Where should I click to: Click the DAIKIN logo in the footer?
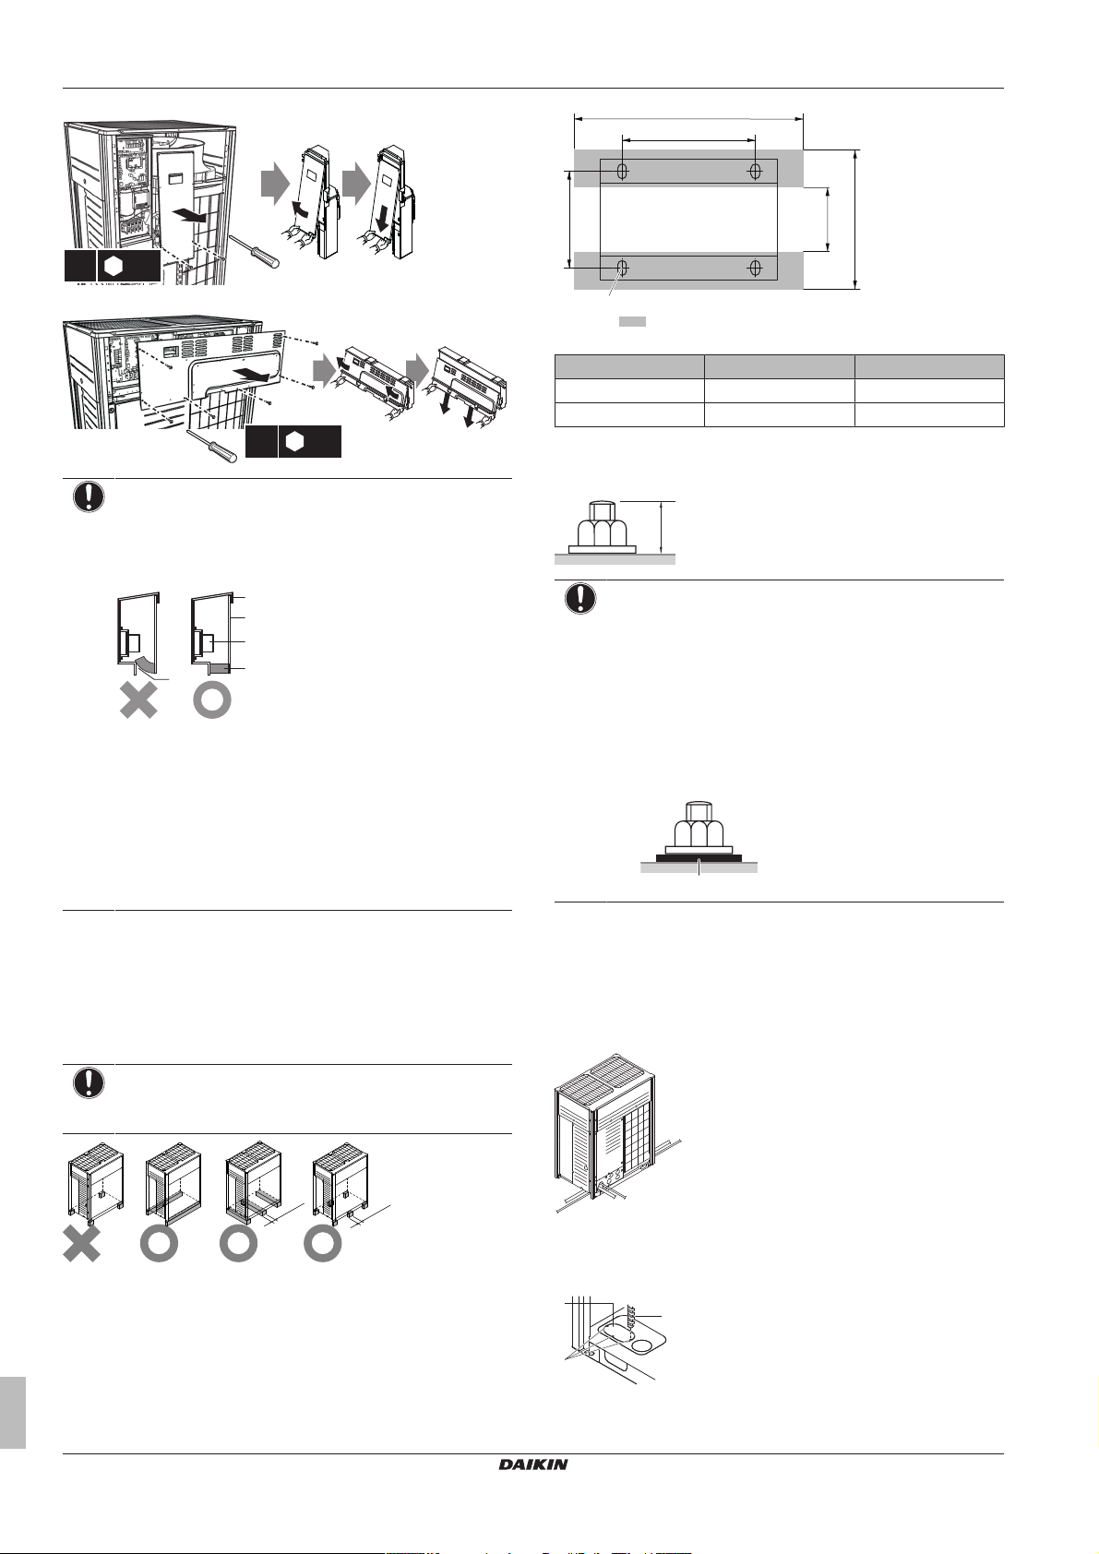[x=532, y=1464]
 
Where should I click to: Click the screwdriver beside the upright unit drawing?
[x=254, y=251]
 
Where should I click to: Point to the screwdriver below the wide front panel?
[x=212, y=446]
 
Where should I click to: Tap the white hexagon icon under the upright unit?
[x=113, y=267]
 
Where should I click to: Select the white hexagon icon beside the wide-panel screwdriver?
[x=295, y=442]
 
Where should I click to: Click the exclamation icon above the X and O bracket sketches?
[x=89, y=496]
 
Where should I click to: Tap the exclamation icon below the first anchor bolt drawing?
[x=580, y=598]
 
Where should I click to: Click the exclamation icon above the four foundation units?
[x=89, y=1083]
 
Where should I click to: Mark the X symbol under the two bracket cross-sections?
[x=138, y=700]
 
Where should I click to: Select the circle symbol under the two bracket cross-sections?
[x=211, y=700]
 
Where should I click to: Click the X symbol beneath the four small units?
[x=82, y=1243]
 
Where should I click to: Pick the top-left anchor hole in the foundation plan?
[x=623, y=171]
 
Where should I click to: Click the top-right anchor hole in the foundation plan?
[x=755, y=171]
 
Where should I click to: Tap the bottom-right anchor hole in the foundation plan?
[x=755, y=267]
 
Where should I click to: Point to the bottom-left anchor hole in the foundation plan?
[x=623, y=267]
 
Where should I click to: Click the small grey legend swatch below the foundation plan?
[x=632, y=321]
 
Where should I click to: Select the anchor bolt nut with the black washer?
[x=699, y=831]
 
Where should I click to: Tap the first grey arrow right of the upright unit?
[x=275, y=184]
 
